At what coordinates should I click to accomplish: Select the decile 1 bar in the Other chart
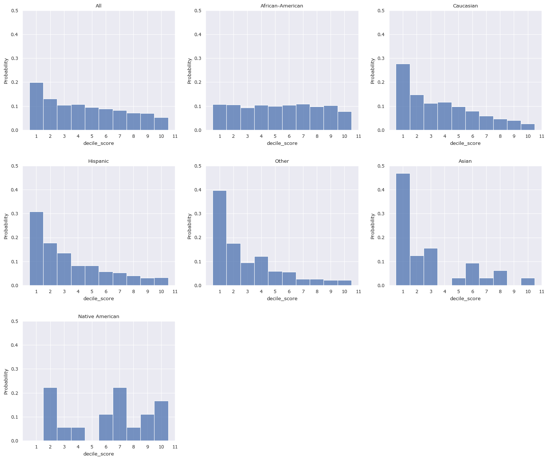(x=220, y=238)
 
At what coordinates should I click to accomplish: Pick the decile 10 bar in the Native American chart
(x=161, y=421)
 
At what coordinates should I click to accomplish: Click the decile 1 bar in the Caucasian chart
(x=403, y=97)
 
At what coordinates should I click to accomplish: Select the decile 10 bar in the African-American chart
(x=345, y=121)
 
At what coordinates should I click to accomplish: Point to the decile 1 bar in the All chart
(x=36, y=107)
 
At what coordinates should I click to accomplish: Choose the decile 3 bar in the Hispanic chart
(x=64, y=269)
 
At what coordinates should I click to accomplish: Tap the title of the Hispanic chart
(x=99, y=161)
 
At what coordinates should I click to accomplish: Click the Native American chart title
(x=99, y=317)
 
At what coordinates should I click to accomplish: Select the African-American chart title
(x=282, y=6)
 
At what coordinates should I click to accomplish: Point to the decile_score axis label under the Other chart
(x=282, y=299)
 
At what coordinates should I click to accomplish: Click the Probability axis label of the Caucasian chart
(x=373, y=70)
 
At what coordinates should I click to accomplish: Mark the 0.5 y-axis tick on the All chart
(x=15, y=11)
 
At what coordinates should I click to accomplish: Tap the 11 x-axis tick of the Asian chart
(x=542, y=292)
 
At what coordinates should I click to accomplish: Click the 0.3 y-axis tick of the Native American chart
(x=15, y=369)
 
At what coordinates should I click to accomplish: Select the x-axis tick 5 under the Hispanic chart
(x=92, y=292)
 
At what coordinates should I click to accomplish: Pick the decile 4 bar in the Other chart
(x=261, y=271)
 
